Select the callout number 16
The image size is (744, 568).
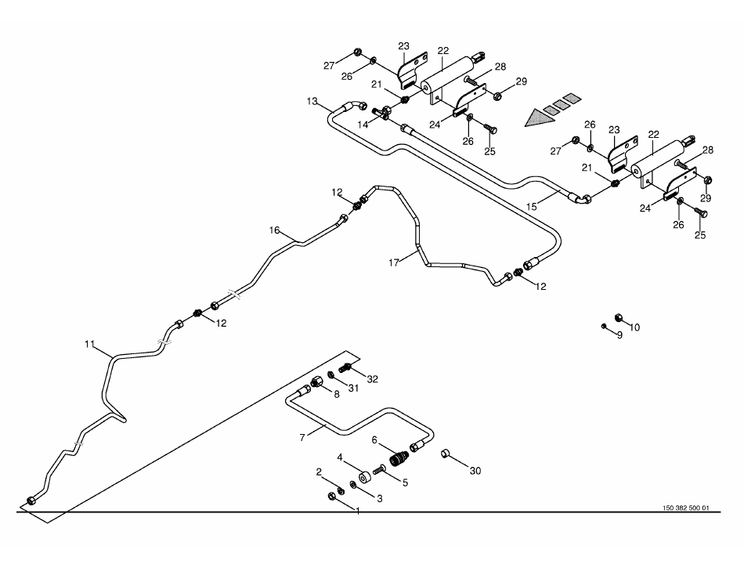(274, 230)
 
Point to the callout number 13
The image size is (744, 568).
(312, 102)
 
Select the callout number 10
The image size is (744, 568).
(634, 327)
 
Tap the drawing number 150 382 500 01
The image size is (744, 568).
(685, 508)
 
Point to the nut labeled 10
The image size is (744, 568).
(617, 316)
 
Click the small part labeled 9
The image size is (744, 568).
(604, 325)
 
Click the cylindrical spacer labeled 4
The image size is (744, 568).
(364, 477)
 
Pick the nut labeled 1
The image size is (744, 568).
(331, 496)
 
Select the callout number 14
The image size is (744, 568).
(363, 125)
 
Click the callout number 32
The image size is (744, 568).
(372, 378)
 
